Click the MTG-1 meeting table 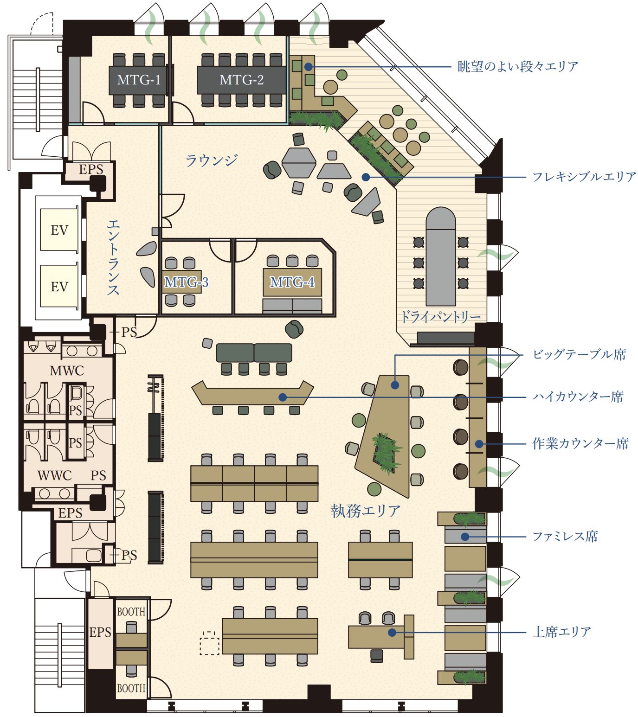click(138, 80)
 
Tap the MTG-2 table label click(241, 80)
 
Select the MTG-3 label click(186, 282)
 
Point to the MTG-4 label click(292, 282)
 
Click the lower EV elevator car click(59, 286)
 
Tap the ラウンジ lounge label click(212, 160)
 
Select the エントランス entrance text click(113, 257)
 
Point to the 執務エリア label click(365, 511)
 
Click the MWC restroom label click(67, 371)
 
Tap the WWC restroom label click(55, 475)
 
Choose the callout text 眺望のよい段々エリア click(518, 66)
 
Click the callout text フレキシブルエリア click(584, 177)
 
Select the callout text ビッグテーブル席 click(580, 354)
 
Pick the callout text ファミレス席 click(565, 537)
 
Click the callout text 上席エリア click(562, 632)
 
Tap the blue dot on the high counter click(283, 397)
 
